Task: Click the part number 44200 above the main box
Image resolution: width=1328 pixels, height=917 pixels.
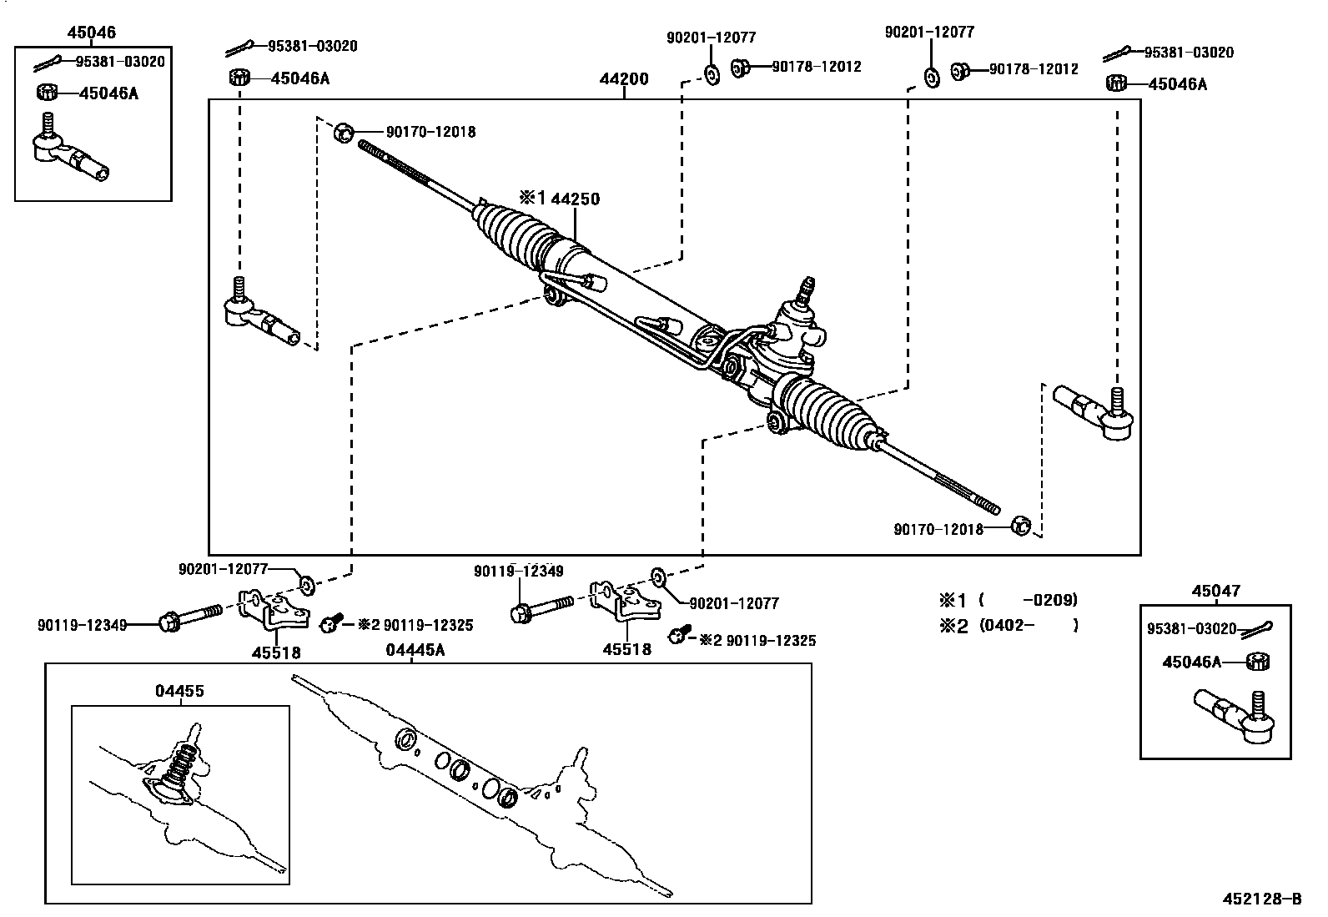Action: (623, 80)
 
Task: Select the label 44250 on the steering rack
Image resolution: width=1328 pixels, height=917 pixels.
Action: (576, 199)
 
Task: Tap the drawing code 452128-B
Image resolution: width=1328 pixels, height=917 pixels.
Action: (1261, 899)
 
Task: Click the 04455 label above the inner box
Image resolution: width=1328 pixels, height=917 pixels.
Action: (179, 690)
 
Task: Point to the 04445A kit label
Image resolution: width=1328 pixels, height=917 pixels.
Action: (415, 650)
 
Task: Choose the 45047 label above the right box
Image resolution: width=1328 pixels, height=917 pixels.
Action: (1215, 591)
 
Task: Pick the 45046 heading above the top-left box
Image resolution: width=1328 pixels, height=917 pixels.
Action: (91, 33)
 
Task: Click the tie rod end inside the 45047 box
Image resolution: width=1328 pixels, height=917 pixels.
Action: (1235, 715)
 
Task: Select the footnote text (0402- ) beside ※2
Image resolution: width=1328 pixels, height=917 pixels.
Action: (1029, 625)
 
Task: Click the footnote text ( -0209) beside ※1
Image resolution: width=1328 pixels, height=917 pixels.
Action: (1029, 599)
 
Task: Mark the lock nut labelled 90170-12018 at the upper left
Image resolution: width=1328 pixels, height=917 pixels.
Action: (344, 132)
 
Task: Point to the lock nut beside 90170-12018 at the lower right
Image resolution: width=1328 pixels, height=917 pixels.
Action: (1020, 526)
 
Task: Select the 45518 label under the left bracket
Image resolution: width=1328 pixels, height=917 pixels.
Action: (276, 652)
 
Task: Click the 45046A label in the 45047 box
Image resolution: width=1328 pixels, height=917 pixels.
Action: (1191, 662)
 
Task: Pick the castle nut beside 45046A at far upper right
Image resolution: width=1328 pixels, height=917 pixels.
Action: (1115, 83)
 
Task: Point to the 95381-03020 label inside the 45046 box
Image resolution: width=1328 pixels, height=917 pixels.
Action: (120, 61)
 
